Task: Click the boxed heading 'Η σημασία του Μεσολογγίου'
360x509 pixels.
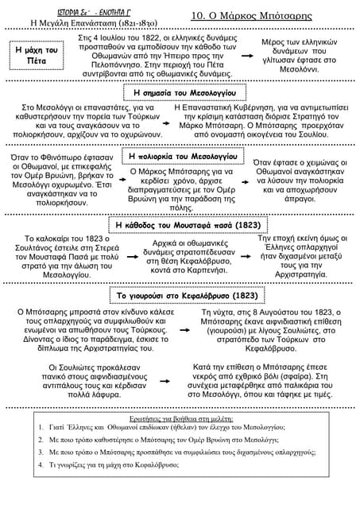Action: click(180, 93)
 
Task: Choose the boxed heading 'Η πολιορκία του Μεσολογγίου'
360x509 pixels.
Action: click(180, 157)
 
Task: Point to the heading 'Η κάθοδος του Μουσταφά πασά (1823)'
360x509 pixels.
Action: click(180, 225)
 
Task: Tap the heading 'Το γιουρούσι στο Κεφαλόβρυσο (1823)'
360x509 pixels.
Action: click(180, 295)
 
